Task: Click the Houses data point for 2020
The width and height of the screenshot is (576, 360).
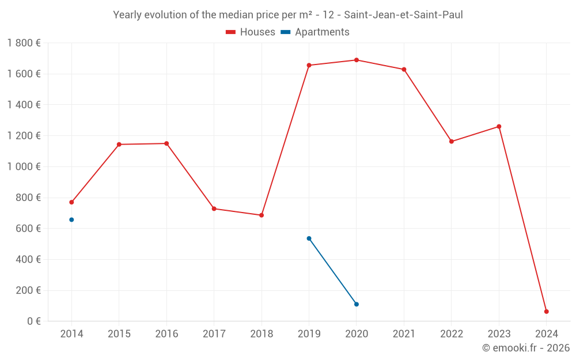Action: point(357,60)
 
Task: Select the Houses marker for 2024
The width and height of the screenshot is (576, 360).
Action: point(546,312)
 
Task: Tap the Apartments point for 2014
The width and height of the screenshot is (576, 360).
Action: point(71,219)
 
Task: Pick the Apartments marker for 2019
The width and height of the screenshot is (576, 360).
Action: point(309,238)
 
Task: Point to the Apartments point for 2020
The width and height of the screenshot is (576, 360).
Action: point(357,304)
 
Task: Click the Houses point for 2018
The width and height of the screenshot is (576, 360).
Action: point(262,215)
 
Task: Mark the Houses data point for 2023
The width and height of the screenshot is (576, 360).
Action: point(499,127)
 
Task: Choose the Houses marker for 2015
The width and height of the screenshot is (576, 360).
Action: point(119,145)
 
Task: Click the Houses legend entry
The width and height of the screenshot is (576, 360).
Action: point(251,32)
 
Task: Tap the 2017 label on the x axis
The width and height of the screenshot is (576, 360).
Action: point(214,334)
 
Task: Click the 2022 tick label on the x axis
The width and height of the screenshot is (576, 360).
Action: point(452,334)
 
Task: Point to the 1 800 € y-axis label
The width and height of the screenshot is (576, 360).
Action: point(24,43)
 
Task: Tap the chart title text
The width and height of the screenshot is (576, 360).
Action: point(288,15)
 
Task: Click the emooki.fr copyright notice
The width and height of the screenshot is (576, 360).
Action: point(526,348)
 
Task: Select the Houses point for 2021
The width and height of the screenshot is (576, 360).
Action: point(404,70)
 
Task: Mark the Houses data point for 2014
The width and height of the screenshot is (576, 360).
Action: point(71,202)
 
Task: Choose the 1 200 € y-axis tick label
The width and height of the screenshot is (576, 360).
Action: point(24,136)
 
